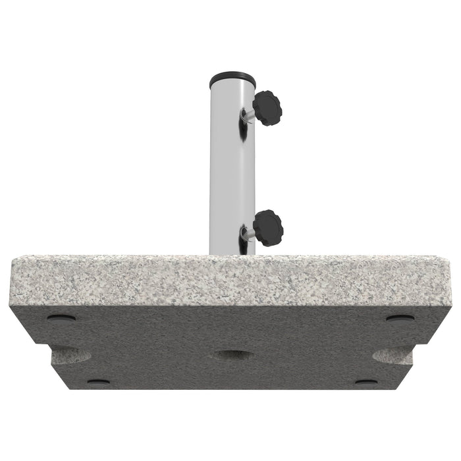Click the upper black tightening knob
point(266,107)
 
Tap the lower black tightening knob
point(267,227)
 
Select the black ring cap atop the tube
point(232,78)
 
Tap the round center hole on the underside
point(232,356)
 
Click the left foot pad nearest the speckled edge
point(61,318)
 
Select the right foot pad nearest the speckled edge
point(400,319)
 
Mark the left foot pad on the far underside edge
point(99,381)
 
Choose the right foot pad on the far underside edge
point(366,381)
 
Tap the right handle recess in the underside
point(393,356)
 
